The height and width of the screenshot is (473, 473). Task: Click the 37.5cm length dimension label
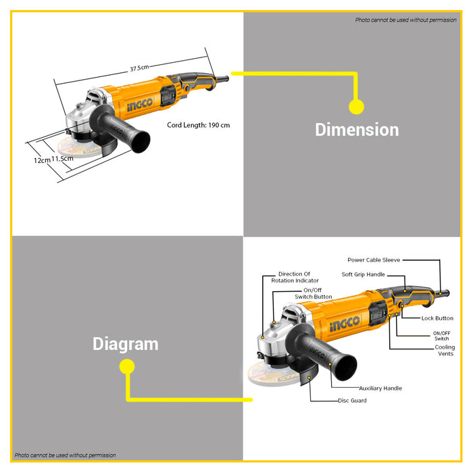(139, 68)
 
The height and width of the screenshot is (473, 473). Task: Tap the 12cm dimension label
(42, 160)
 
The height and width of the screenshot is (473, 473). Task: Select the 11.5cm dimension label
(62, 158)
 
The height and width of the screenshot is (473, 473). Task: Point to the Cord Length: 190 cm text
(198, 125)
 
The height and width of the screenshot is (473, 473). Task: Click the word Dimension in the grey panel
(357, 130)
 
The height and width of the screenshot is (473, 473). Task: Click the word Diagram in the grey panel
(126, 344)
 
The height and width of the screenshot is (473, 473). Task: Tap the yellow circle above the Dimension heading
(356, 107)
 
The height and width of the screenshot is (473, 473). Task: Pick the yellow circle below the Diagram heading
(127, 366)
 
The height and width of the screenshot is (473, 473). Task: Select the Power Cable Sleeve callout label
(374, 260)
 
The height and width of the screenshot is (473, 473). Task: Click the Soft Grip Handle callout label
(364, 274)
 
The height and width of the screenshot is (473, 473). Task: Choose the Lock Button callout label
(437, 318)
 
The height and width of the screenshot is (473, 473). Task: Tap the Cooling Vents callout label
(445, 351)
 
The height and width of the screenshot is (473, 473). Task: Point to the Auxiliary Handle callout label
(380, 389)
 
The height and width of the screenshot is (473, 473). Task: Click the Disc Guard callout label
(352, 401)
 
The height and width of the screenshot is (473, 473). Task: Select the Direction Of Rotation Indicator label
(295, 277)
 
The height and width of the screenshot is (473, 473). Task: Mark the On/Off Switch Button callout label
(313, 293)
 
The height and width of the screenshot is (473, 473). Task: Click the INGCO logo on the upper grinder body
(140, 104)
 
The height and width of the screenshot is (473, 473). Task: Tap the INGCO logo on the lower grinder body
(345, 324)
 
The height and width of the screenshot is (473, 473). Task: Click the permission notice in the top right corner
(405, 20)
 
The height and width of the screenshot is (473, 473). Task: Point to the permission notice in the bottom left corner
(65, 455)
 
